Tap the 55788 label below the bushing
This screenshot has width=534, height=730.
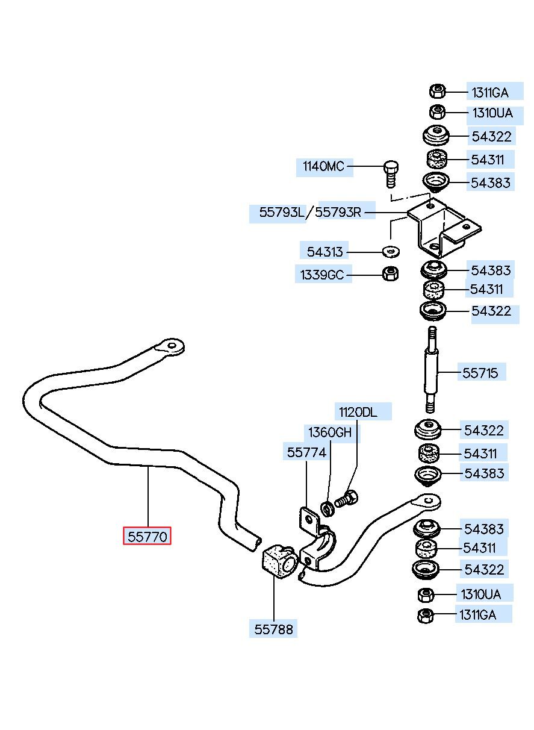pos(273,629)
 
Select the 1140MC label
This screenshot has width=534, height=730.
pos(323,166)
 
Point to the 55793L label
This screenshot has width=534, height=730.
pos(281,213)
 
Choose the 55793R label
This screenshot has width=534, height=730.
pos(338,213)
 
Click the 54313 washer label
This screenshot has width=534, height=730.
pos(325,252)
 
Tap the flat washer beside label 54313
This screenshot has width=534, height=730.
pos(391,252)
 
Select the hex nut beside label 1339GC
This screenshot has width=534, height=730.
pos(390,273)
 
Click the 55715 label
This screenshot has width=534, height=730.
pos(480,373)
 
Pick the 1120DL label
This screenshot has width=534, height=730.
pos(358,412)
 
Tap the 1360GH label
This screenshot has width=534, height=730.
pos(330,432)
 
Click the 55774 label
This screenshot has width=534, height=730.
pos(306,452)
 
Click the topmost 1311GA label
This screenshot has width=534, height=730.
pos(490,93)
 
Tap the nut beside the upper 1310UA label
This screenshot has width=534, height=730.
pos(437,113)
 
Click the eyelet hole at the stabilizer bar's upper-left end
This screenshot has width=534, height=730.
pos(171,345)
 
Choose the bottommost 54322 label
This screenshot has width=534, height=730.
pos(484,569)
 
